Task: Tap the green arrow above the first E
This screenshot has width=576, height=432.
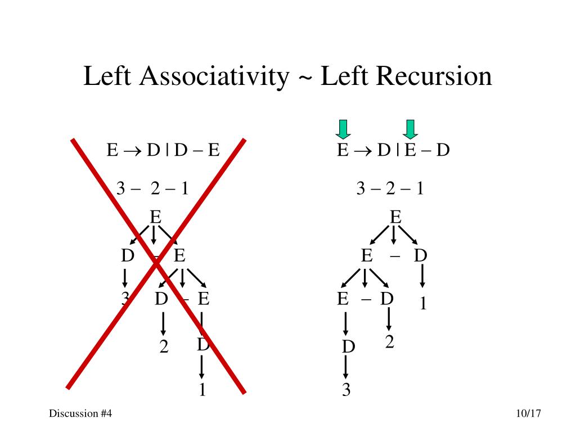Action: (x=343, y=129)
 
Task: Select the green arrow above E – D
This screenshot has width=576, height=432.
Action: (x=411, y=129)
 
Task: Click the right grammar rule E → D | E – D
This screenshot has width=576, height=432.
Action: (x=393, y=151)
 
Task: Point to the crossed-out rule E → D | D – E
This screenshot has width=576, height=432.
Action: (x=163, y=151)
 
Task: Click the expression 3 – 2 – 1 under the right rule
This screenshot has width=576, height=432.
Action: (x=390, y=188)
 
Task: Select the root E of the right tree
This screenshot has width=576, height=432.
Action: (x=395, y=217)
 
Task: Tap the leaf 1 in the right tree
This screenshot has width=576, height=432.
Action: (x=424, y=304)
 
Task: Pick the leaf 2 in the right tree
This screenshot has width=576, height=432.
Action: (x=389, y=341)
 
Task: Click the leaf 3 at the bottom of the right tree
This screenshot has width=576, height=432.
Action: (x=346, y=389)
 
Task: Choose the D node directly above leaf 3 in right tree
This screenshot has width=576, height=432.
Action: (x=349, y=347)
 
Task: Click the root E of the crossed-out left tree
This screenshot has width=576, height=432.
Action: (x=155, y=217)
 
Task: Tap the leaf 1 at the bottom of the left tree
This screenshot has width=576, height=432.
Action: (x=201, y=389)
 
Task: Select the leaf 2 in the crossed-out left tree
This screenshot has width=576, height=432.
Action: (x=164, y=347)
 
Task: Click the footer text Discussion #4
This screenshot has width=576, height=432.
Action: (x=80, y=413)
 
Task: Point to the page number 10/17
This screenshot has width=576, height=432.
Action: (x=528, y=413)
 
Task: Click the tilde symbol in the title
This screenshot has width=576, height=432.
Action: (x=304, y=78)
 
